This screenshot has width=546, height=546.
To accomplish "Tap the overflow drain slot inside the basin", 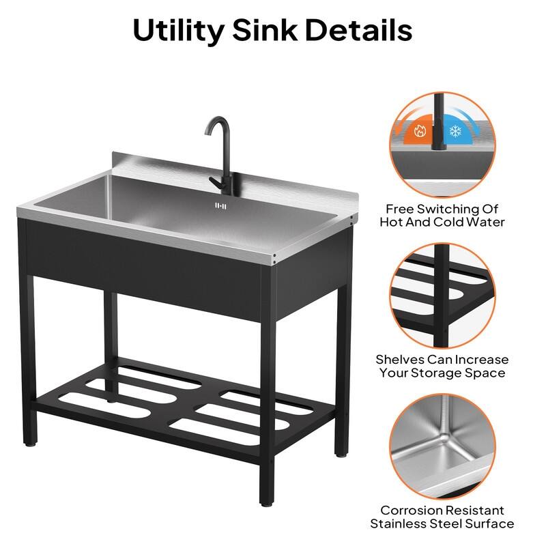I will click(220, 204).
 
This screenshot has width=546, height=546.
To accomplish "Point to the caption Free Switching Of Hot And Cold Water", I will click(442, 215).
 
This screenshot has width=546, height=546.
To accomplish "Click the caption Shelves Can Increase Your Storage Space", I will click(442, 366).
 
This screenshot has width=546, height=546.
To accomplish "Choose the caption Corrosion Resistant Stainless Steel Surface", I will click(442, 517).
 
